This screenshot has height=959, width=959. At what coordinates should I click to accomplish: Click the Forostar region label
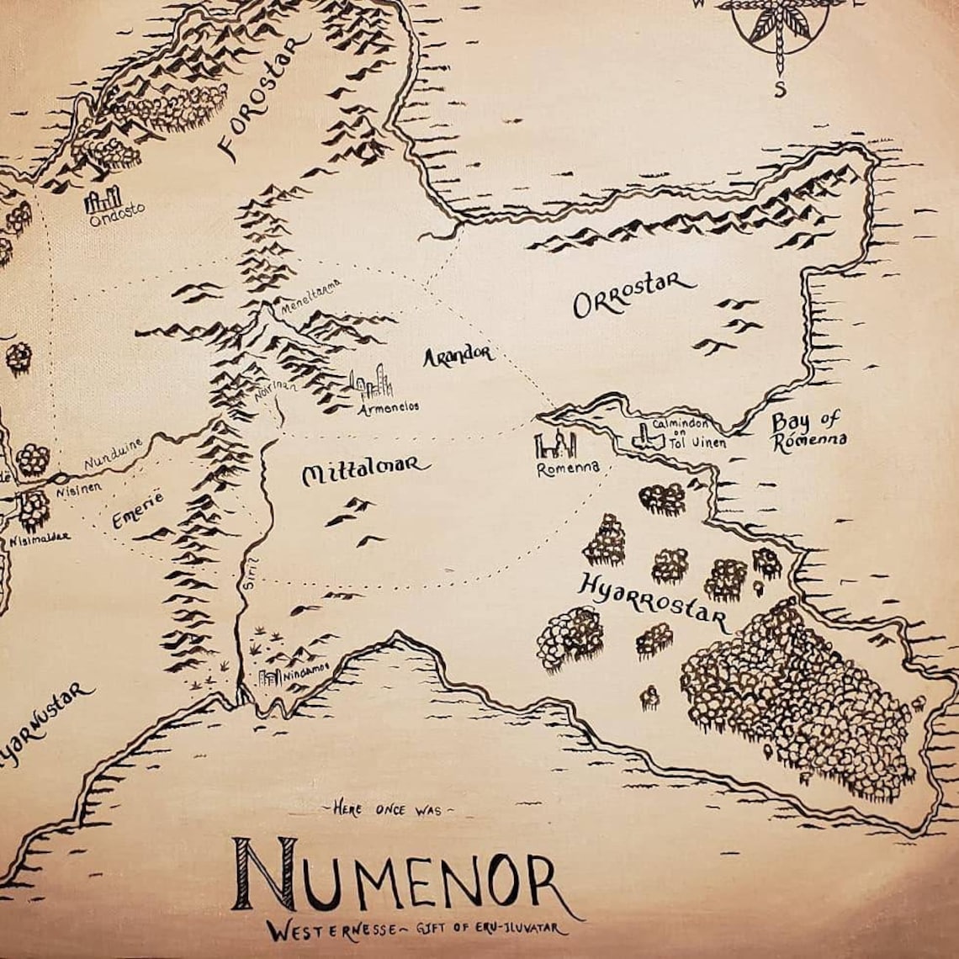(x=264, y=97)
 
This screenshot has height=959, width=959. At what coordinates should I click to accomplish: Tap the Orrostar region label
(x=633, y=294)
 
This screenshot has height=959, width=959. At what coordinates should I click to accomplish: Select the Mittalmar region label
(x=365, y=473)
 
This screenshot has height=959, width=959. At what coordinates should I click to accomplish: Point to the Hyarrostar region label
(x=653, y=603)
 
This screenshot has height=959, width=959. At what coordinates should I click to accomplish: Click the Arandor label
(x=458, y=355)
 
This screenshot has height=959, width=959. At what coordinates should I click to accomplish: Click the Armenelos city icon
(x=371, y=384)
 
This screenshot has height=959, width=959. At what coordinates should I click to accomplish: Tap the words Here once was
(x=388, y=809)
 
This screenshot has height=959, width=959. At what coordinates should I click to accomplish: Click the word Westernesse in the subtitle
(x=319, y=930)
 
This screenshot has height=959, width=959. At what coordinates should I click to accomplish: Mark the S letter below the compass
(x=780, y=90)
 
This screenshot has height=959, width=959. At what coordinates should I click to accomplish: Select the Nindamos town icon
(x=270, y=677)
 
